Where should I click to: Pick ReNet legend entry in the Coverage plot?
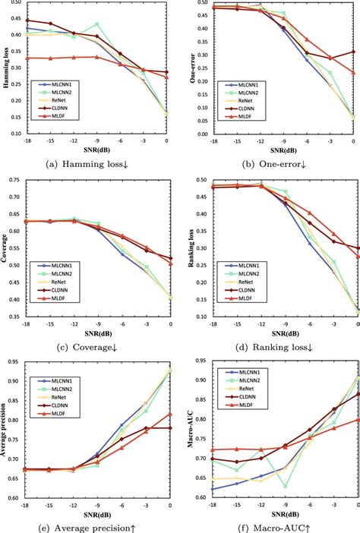(62, 281)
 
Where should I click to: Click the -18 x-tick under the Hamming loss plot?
(27, 141)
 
